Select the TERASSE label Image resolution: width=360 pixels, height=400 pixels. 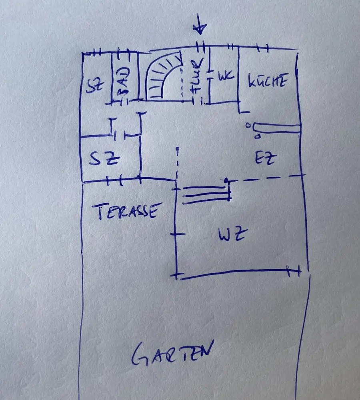click(x=128, y=211)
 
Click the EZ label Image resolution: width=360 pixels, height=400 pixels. click(x=266, y=159)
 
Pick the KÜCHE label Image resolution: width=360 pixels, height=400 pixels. click(x=267, y=81)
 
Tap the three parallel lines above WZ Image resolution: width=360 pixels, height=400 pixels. click(x=206, y=194)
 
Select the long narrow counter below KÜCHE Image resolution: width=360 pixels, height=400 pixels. click(x=276, y=128)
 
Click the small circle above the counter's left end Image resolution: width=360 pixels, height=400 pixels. click(x=248, y=124)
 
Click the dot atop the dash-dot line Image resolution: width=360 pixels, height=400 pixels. click(x=177, y=149)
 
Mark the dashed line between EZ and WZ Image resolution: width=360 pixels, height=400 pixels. click(x=264, y=178)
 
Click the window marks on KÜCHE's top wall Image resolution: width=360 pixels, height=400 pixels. click(x=262, y=49)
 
